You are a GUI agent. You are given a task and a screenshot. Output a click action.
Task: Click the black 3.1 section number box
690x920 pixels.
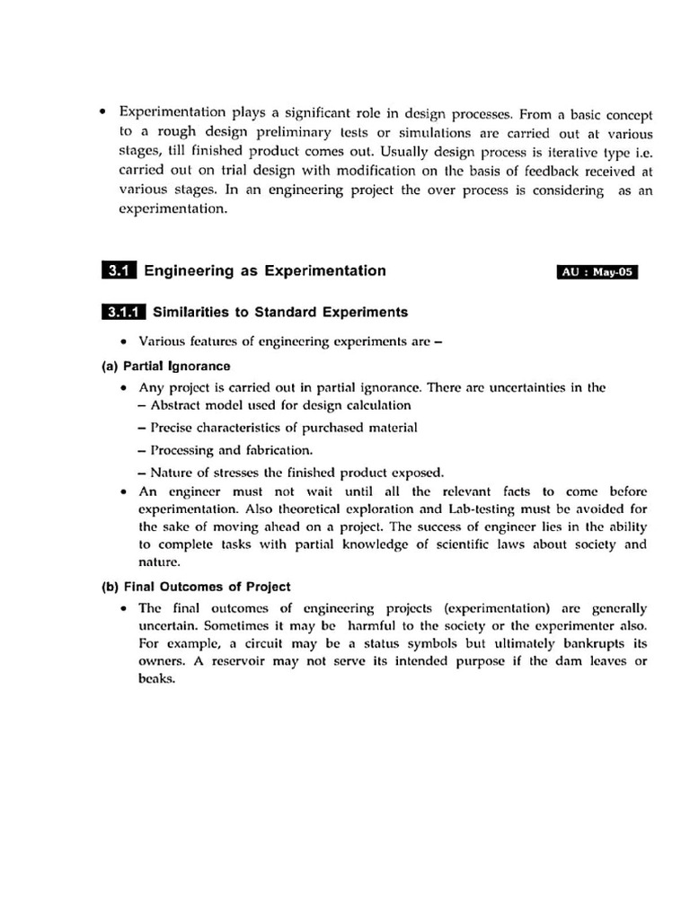119,270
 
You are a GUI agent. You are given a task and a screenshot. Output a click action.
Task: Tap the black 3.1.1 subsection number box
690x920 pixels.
124,313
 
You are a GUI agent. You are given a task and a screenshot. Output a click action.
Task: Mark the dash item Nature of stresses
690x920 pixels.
291,472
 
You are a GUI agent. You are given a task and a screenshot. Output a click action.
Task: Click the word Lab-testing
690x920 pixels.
482,509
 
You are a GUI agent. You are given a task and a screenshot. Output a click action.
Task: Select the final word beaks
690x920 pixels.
156,678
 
